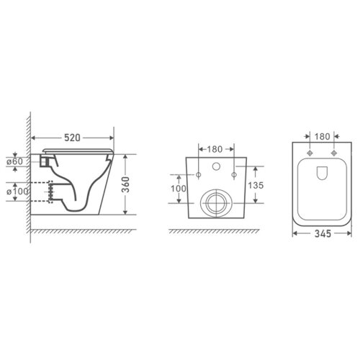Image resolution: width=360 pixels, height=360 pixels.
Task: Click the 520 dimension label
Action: click(x=72, y=138)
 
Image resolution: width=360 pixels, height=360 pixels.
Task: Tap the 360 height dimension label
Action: click(x=125, y=184)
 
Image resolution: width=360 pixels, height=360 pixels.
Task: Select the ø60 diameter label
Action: click(x=15, y=161)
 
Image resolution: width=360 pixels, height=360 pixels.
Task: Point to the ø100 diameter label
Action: click(x=17, y=192)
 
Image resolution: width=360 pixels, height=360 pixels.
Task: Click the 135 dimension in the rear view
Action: click(x=256, y=185)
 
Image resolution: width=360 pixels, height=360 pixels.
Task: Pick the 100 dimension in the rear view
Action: click(x=179, y=189)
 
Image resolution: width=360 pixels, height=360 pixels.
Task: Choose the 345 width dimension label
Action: click(x=323, y=233)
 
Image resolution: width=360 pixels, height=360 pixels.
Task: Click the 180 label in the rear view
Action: click(x=215, y=149)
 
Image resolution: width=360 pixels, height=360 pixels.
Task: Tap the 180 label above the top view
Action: click(x=322, y=137)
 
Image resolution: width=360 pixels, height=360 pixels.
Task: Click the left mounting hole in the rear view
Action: click(x=199, y=175)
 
